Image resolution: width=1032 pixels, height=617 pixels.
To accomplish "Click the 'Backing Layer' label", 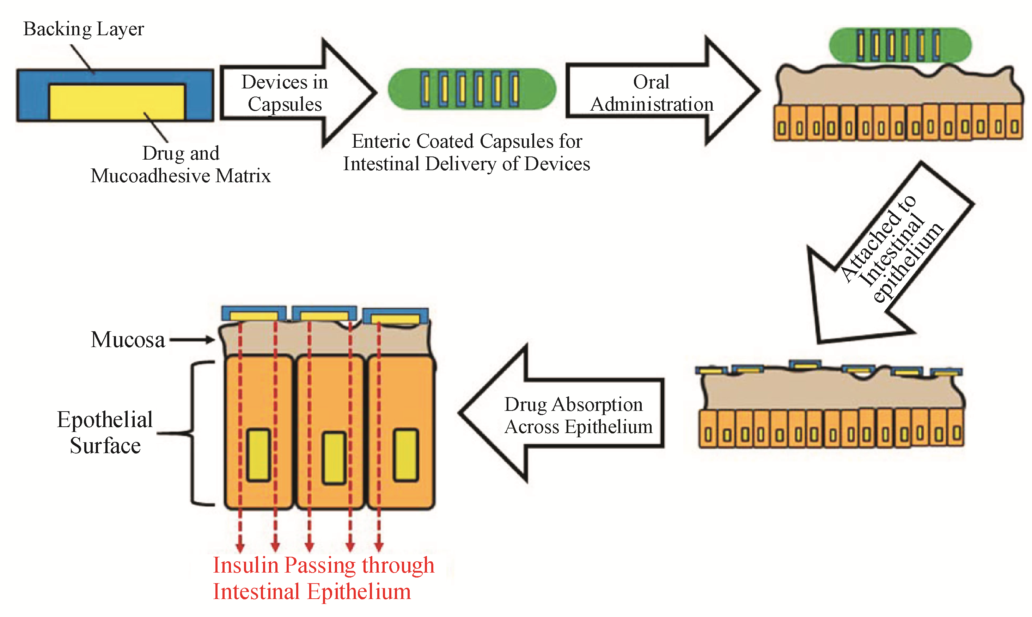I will pyautogui.click(x=83, y=29).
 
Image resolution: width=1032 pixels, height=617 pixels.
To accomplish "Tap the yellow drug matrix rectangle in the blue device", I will pyautogui.click(x=116, y=102).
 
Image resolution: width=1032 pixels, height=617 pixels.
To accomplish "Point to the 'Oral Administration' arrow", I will pyautogui.click(x=657, y=92).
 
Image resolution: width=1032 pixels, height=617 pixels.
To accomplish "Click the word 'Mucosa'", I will pyautogui.click(x=128, y=340).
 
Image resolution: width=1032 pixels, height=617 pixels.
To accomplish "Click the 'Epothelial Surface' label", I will pyautogui.click(x=105, y=432).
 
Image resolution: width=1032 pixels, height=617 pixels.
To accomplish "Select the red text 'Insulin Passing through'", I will pyautogui.click(x=323, y=566).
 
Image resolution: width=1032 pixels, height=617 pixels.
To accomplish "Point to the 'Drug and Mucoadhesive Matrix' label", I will pyautogui.click(x=181, y=165).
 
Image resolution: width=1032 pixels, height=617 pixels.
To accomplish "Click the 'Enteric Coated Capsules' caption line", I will pyautogui.click(x=467, y=141).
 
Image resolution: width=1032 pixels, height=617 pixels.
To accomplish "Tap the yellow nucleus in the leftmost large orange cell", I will pyautogui.click(x=258, y=456).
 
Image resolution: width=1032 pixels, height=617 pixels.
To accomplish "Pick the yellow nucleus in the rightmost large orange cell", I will pyautogui.click(x=405, y=455).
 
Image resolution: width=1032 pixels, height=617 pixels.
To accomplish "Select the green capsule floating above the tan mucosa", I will pyautogui.click(x=900, y=45).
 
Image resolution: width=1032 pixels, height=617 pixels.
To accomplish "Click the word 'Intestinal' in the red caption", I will pyautogui.click(x=256, y=592).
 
